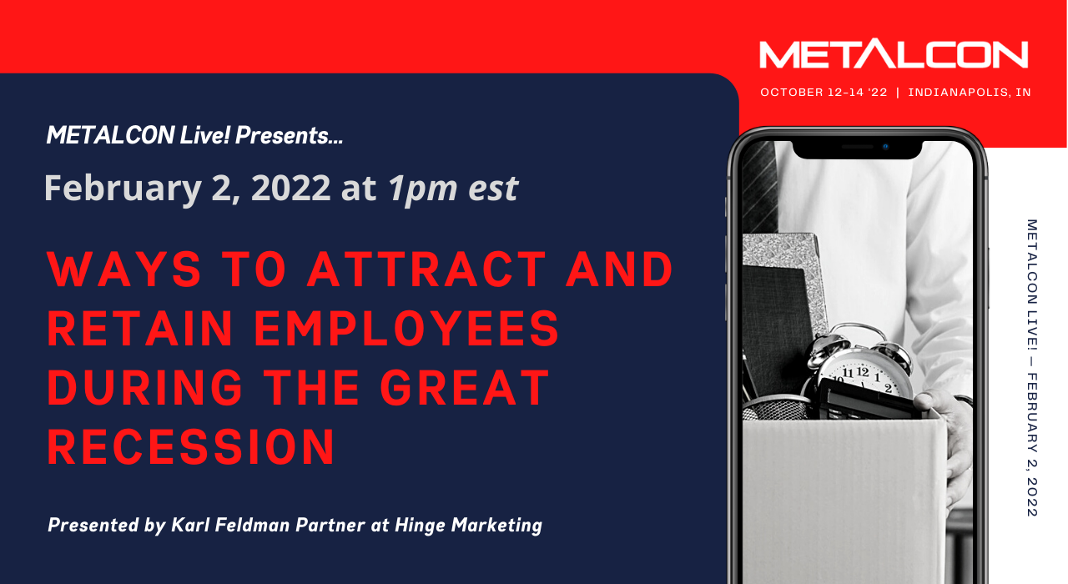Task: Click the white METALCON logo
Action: [894, 55]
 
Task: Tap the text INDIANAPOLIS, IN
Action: [970, 93]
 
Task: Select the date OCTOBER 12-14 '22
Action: [824, 93]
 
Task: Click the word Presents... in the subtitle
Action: [289, 135]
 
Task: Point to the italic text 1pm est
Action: [453, 189]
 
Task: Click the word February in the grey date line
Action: [123, 189]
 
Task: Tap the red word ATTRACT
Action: [426, 269]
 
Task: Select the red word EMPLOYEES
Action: [406, 329]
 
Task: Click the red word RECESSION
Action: [191, 446]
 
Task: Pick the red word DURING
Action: [145, 388]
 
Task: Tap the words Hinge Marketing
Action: [469, 526]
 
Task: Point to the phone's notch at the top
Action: [857, 149]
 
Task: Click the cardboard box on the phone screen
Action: [844, 496]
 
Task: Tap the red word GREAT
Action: [465, 388]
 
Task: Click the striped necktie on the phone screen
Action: [759, 187]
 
